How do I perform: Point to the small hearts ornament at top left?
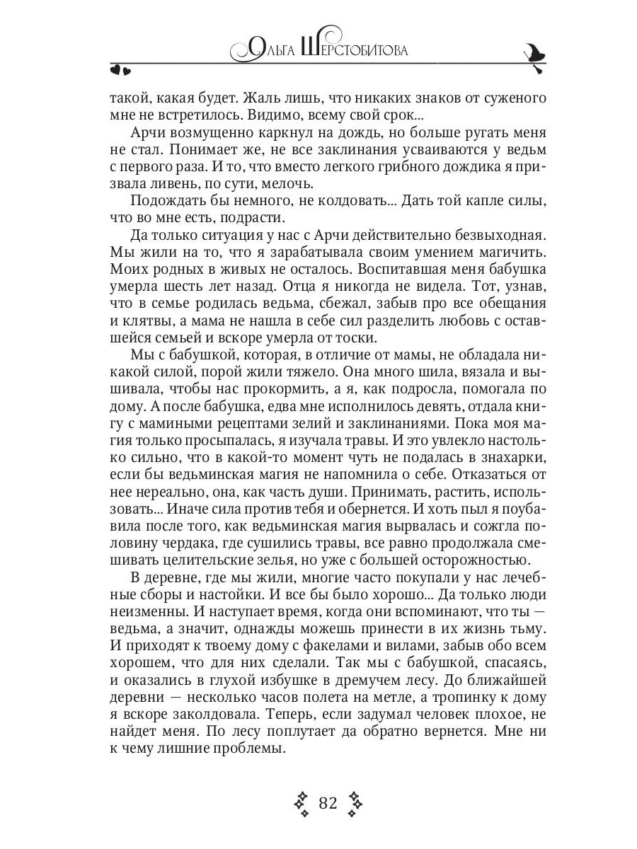pos(120,69)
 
